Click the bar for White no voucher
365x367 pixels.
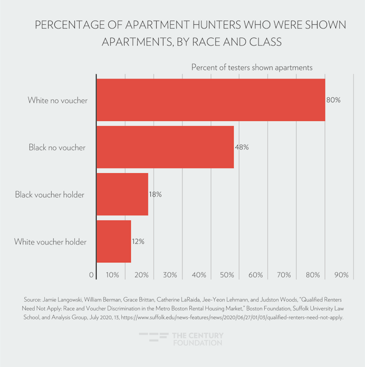[x=210, y=100]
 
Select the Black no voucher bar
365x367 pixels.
[x=165, y=147]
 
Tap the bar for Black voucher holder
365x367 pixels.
[x=122, y=194]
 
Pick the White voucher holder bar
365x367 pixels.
[x=113, y=241]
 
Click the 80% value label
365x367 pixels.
[x=333, y=100]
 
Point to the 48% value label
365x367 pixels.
[x=242, y=147]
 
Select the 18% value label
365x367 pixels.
[x=155, y=194]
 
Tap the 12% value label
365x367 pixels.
[x=138, y=241]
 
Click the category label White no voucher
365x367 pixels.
[x=57, y=100]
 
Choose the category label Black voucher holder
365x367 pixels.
[x=50, y=194]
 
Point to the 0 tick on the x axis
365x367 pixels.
[x=92, y=275]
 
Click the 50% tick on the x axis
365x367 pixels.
[x=228, y=275]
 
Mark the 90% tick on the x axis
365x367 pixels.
[x=341, y=275]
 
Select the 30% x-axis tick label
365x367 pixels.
[x=170, y=275]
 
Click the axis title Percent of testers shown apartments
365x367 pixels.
[x=252, y=68]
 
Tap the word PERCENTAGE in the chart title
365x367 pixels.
[x=68, y=25]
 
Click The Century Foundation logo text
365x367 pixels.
[x=198, y=339]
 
